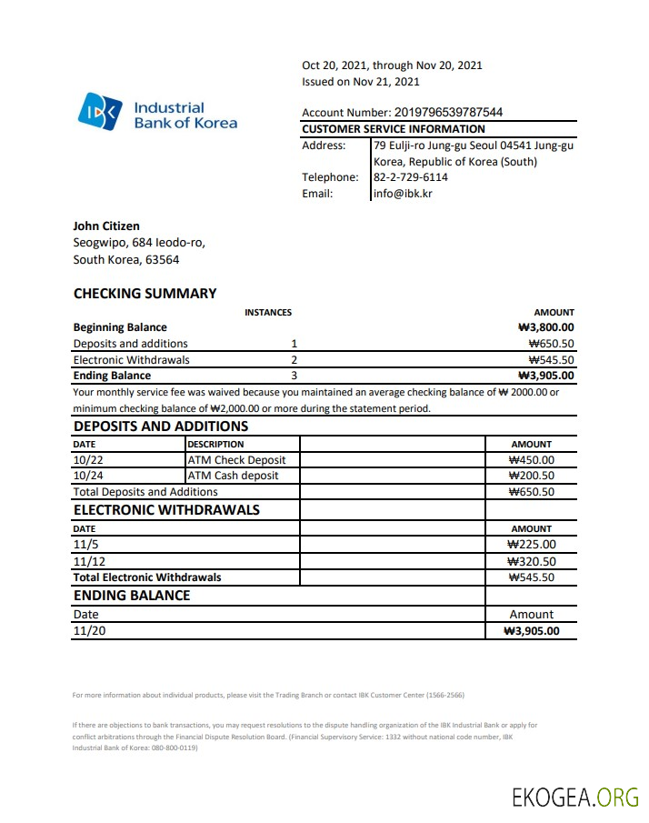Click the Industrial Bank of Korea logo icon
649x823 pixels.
98,112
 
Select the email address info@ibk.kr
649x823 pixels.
403,193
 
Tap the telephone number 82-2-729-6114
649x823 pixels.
410,177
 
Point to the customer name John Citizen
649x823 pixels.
106,226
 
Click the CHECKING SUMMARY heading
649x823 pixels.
145,293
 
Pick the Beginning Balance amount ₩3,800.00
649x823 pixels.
545,327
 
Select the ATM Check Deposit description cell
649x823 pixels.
236,460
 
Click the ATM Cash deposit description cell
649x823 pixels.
233,476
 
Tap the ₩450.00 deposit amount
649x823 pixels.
531,460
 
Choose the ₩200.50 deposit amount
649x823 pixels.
531,476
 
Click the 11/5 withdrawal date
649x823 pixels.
84,545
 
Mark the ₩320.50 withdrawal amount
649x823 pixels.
531,561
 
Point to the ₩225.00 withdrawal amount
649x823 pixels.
531,545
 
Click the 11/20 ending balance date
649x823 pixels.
89,630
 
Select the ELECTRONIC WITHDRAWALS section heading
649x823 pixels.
166,509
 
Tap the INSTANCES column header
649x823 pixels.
268,312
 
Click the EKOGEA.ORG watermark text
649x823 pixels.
575,798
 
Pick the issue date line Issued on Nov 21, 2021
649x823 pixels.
361,82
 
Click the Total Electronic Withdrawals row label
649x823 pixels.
147,577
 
